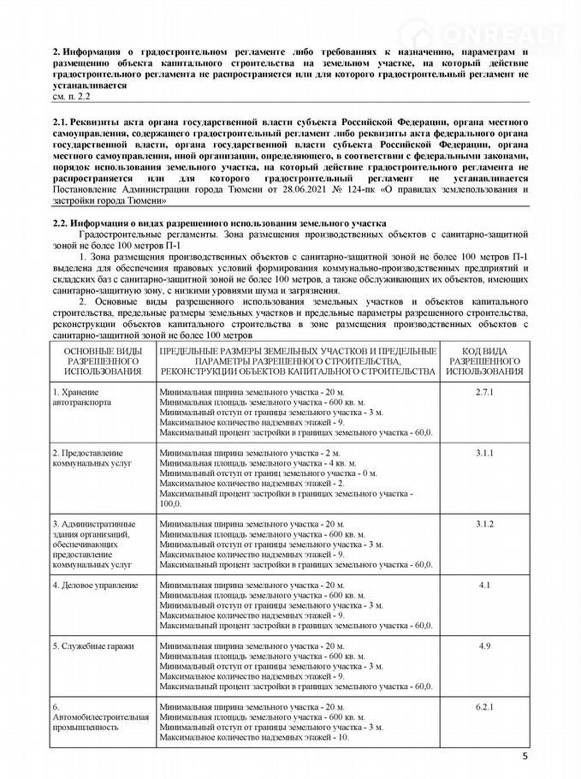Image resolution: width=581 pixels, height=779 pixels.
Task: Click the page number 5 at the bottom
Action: pyautogui.click(x=525, y=756)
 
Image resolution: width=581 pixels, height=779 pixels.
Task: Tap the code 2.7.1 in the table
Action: pyautogui.click(x=484, y=390)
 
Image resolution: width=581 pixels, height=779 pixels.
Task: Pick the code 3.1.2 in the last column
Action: pyautogui.click(x=484, y=522)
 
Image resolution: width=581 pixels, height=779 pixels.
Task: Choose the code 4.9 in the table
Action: pyautogui.click(x=484, y=645)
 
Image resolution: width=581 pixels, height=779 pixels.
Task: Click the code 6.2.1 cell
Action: pyautogui.click(x=484, y=706)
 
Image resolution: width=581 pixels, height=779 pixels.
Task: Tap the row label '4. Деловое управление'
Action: pyautogui.click(x=95, y=585)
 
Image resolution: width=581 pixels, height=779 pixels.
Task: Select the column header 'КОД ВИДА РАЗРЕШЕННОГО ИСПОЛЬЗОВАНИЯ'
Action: pyautogui.click(x=484, y=360)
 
